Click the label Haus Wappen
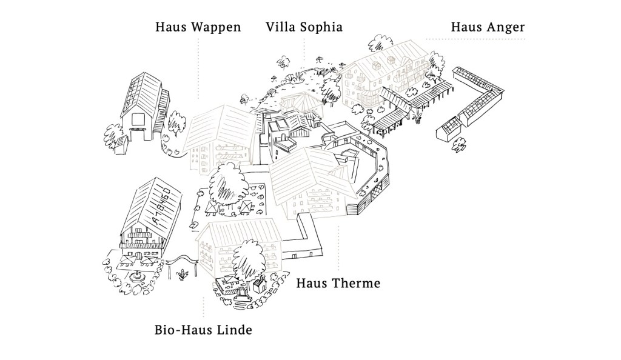[198, 27]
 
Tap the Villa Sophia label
[304, 27]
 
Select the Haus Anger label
[487, 27]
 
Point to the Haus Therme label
[338, 283]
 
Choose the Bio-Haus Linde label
[203, 330]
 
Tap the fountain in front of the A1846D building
[136, 276]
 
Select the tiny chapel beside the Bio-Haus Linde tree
[261, 284]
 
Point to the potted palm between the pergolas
[418, 113]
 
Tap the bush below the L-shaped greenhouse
[459, 144]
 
